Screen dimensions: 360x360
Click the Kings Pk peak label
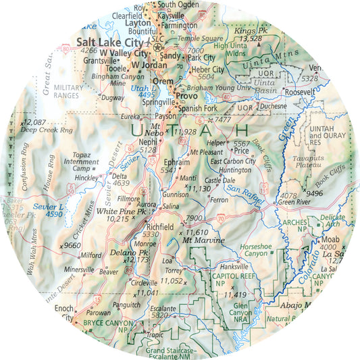coord(246,31)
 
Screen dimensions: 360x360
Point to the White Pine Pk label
coord(122,211)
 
